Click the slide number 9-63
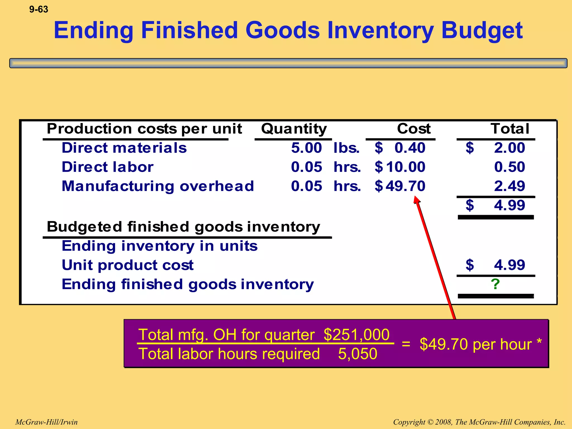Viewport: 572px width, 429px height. [39, 9]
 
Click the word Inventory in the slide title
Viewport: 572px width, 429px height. [380, 30]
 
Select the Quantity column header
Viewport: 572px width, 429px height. [294, 129]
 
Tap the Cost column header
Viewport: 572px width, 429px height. [414, 129]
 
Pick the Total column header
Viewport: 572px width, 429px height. [510, 129]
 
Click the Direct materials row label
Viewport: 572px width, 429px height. [124, 148]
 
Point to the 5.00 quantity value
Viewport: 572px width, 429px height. [306, 148]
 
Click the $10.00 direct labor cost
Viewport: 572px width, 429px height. [400, 167]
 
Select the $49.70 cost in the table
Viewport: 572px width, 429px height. [400, 186]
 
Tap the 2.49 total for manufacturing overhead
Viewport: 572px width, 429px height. [509, 186]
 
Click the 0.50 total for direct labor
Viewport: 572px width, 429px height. [509, 167]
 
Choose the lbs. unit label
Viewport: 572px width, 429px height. [346, 148]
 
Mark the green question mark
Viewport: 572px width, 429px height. [495, 284]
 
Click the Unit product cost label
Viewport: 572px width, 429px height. [128, 265]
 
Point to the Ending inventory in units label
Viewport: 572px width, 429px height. [159, 246]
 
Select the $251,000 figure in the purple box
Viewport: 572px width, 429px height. [356, 335]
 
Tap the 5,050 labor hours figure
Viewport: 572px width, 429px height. [357, 354]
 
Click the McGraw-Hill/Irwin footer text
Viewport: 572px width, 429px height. [46, 422]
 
